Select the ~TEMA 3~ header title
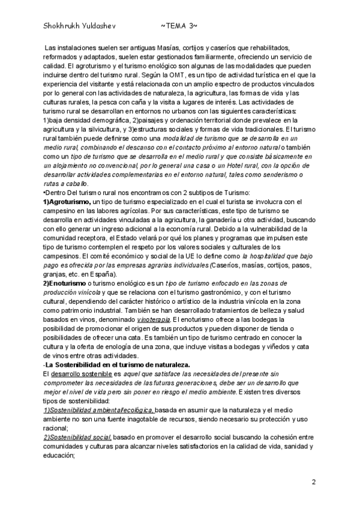click(x=179, y=26)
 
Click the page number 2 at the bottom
click(x=313, y=483)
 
